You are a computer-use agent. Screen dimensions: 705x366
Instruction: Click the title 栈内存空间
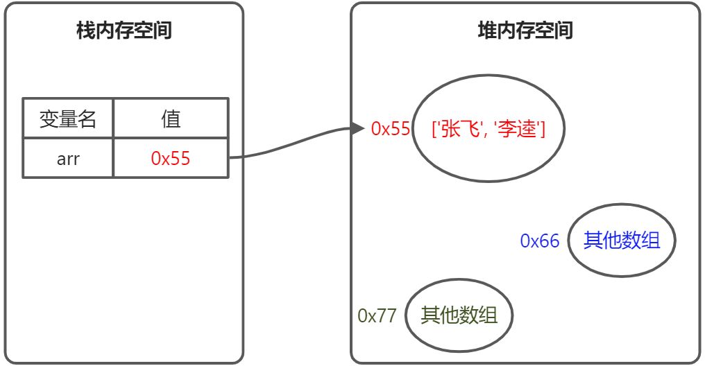coord(124,31)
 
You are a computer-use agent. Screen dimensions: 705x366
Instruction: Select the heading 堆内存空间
coord(525,31)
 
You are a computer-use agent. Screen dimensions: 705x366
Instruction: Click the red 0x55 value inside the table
coord(171,159)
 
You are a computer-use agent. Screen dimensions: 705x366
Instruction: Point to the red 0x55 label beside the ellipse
coord(391,129)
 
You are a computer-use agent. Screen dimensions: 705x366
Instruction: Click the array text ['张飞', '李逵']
coord(489,130)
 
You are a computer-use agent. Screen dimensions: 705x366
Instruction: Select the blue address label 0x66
coord(540,241)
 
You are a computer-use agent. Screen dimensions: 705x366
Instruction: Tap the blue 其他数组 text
coord(622,241)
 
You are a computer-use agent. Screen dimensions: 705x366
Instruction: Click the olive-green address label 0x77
coord(377,315)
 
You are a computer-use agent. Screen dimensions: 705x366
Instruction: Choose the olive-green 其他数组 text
coord(459,315)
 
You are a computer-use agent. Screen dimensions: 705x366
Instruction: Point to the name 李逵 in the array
coord(517,130)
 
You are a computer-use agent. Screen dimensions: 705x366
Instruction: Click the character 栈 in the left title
coord(86,31)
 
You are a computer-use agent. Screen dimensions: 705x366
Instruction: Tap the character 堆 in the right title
coord(487,31)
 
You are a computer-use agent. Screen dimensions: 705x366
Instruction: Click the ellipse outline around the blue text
coord(622,204)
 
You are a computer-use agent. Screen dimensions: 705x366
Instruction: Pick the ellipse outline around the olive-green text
coord(459,280)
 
